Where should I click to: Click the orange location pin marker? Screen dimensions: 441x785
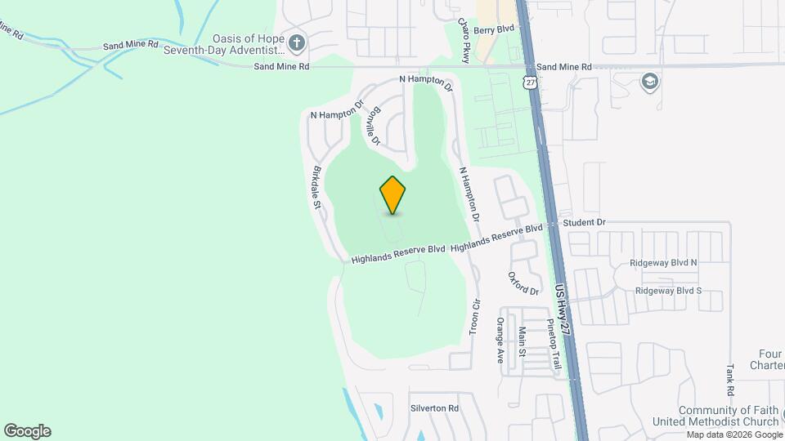[x=393, y=195]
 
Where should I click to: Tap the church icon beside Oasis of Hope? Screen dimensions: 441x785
[x=297, y=42]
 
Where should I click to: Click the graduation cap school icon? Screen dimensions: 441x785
[x=650, y=81]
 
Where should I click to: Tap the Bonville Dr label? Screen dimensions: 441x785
[x=371, y=126]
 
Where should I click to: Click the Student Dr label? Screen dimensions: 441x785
[x=583, y=222]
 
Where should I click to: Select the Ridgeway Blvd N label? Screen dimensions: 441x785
[x=664, y=263]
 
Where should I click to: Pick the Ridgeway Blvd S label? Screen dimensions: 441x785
[x=668, y=291]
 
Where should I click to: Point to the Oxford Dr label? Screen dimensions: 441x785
[x=524, y=283]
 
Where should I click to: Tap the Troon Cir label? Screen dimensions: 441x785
[x=473, y=317]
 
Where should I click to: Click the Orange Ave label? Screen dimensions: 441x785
[x=500, y=340]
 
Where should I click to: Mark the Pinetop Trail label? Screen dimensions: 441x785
[x=554, y=344]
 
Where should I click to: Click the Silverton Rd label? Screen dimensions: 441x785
[x=434, y=408]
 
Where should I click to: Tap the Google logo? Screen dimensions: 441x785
[x=27, y=431]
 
